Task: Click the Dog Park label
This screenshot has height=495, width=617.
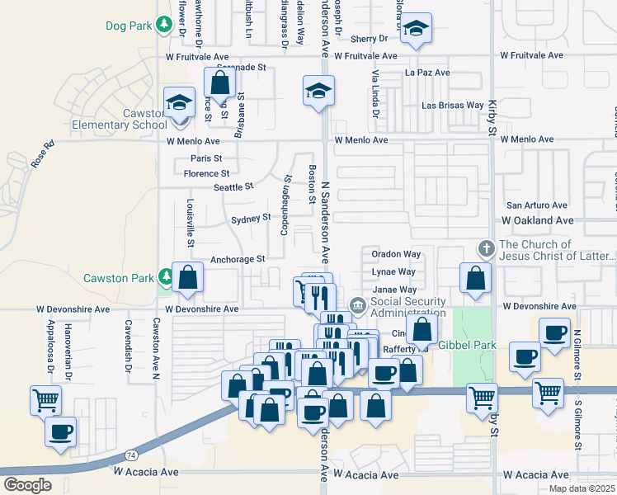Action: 129,26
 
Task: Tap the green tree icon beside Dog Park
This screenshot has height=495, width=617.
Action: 165,26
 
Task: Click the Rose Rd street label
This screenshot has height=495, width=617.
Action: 42,154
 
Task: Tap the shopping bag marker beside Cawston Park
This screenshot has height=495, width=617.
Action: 187,279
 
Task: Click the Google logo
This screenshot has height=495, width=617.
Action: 26,484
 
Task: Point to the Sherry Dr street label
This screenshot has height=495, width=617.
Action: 369,39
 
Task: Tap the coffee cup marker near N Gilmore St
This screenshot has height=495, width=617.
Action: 525,356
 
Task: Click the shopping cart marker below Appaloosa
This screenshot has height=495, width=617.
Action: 45,400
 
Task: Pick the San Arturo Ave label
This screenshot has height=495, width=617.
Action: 537,205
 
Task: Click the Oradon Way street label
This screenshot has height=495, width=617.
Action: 396,254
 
